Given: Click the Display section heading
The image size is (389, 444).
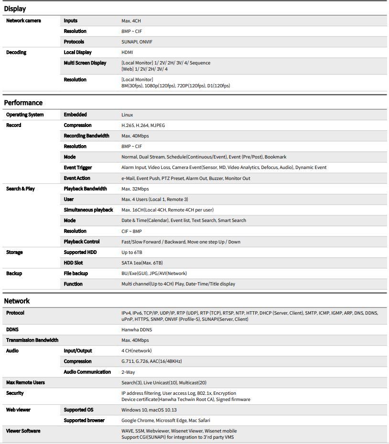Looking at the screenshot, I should [15, 9].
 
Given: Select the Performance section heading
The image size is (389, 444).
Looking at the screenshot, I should [23, 103].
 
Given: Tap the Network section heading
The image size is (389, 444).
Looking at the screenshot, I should [17, 301].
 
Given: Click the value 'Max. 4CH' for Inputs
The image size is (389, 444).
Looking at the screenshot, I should [131, 21].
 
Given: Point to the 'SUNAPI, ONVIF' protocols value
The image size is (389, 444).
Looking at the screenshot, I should [137, 42].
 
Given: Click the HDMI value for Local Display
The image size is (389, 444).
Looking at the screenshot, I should [127, 53].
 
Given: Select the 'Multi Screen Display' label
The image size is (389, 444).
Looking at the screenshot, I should [85, 63].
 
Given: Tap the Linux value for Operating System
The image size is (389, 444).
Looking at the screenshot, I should [127, 115].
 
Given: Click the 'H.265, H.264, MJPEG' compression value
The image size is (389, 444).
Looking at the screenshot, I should [143, 126].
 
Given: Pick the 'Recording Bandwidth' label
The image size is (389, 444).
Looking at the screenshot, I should [86, 136].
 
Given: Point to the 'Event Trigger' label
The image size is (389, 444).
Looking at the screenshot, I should [78, 168].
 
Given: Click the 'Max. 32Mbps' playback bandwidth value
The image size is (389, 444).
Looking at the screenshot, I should [135, 189].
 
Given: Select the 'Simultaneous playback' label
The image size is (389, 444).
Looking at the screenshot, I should [88, 210].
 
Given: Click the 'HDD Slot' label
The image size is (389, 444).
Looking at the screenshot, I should [74, 263].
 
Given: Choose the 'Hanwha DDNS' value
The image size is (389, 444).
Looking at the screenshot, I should [137, 330].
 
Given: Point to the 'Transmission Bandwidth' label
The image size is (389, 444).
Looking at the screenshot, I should [32, 340].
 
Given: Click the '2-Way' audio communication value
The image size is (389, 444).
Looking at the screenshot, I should [128, 372].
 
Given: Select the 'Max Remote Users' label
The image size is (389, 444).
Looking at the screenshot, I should [25, 383].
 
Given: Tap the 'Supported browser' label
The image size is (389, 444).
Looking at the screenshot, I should [84, 421].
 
